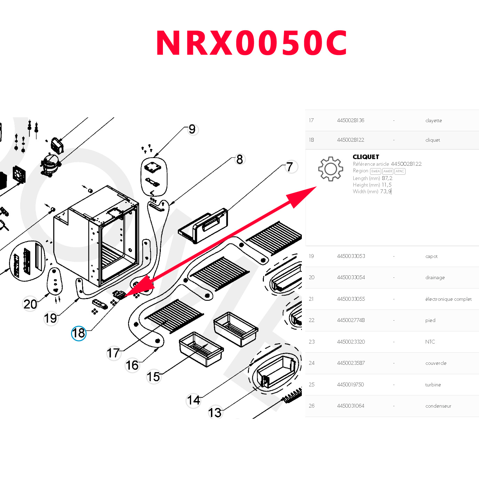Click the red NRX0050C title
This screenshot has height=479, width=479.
pyautogui.click(x=251, y=43)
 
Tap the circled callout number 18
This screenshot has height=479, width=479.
pyautogui.click(x=79, y=333)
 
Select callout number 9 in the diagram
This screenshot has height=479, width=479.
pyautogui.click(x=192, y=129)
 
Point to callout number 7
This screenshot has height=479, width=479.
pyautogui.click(x=290, y=167)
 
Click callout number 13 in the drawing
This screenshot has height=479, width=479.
pyautogui.click(x=215, y=413)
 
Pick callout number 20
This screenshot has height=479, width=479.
pyautogui.click(x=30, y=304)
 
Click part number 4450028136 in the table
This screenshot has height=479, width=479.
pyautogui.click(x=351, y=120)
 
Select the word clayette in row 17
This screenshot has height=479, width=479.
pyautogui.click(x=433, y=121)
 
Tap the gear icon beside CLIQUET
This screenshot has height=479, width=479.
pyautogui.click(x=330, y=169)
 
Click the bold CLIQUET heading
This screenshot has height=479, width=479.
pyautogui.click(x=366, y=157)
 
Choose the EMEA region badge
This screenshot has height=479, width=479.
pyautogui.click(x=375, y=171)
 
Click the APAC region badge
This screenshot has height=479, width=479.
pyautogui.click(x=400, y=171)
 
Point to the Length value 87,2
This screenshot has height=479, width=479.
pyautogui.click(x=387, y=178)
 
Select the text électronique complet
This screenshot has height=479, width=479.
pyautogui.click(x=448, y=299)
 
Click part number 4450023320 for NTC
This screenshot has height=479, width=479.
pyautogui.click(x=351, y=342)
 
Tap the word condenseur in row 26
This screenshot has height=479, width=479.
pyautogui.click(x=438, y=406)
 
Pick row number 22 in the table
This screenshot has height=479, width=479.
pyautogui.click(x=312, y=320)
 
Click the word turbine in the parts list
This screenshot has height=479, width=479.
pyautogui.click(x=433, y=385)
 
